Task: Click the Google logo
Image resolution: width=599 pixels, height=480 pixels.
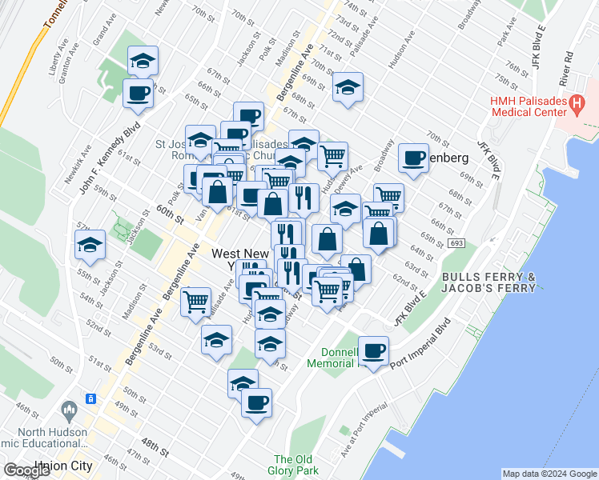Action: (27, 470)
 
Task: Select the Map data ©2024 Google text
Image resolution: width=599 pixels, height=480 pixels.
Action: (549, 474)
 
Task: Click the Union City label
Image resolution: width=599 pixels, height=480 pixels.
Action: (64, 465)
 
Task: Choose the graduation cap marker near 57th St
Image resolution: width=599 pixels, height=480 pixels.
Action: (90, 243)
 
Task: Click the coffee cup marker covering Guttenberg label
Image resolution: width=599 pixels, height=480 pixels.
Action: (413, 157)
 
